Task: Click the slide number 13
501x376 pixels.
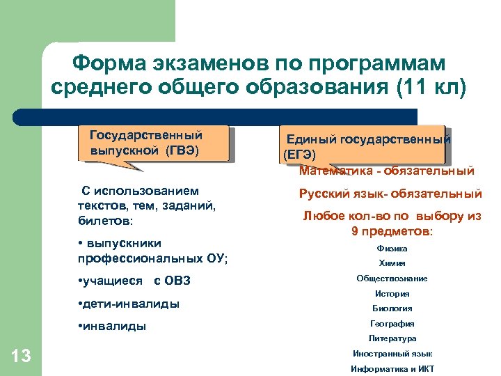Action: (x=22, y=357)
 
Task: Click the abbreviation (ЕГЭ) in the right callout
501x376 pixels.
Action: (x=300, y=154)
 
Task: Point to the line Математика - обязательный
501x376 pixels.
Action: (x=386, y=171)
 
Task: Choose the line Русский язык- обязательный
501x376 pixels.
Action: (x=390, y=194)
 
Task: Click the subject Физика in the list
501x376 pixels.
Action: (x=392, y=249)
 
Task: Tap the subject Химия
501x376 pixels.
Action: (x=392, y=263)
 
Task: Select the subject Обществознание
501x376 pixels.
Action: (x=392, y=279)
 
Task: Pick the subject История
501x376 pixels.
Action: (x=392, y=294)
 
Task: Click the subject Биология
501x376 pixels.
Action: (x=392, y=308)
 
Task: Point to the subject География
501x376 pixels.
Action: (x=392, y=323)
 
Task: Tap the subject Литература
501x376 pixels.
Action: (x=392, y=338)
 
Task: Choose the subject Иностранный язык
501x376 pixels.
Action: (x=392, y=354)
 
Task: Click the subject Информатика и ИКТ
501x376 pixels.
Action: (x=392, y=368)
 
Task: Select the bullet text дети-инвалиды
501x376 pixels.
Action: (x=132, y=304)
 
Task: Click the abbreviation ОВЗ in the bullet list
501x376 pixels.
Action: (x=172, y=281)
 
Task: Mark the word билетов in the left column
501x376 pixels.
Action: (x=104, y=221)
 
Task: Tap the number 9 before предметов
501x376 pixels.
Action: (x=356, y=231)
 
